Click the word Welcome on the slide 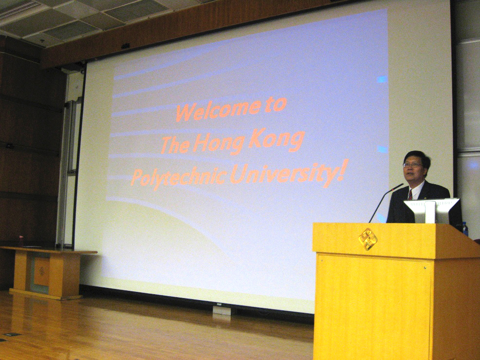pos(219,110)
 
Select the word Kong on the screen pos(277,140)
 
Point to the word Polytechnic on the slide pos(179,177)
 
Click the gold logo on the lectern pos(368,239)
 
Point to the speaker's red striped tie pos(410,194)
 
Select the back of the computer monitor pos(432,211)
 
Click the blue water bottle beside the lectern pos(465,229)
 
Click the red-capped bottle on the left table pos(21,242)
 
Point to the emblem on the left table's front pos(42,272)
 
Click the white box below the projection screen pos(222,309)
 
